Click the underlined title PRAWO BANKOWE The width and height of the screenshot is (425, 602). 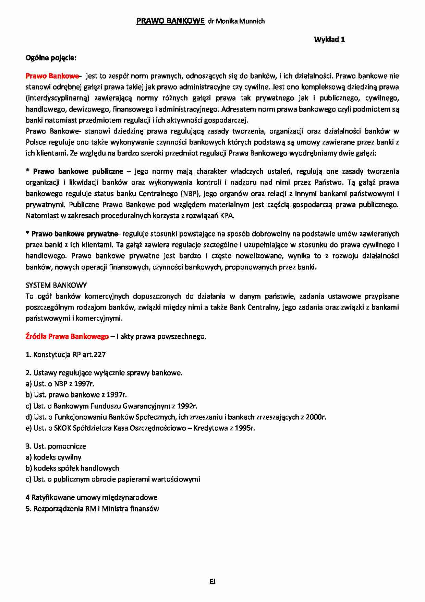click(x=170, y=21)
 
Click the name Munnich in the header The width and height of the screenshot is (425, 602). click(x=253, y=21)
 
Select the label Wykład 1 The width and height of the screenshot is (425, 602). click(x=329, y=39)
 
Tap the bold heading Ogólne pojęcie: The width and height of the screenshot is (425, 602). click(x=51, y=58)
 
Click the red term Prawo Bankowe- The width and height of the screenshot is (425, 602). click(x=54, y=76)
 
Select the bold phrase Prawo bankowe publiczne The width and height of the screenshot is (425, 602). click(x=78, y=171)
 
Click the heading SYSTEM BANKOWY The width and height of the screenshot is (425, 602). click(x=56, y=285)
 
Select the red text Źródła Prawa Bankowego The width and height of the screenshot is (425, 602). click(x=67, y=336)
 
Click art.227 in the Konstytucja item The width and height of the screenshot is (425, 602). click(x=94, y=355)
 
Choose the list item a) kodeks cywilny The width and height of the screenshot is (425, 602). click(x=53, y=457)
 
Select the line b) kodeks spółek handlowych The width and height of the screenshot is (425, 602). click(x=72, y=468)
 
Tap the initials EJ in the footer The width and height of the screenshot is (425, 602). click(x=212, y=581)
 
